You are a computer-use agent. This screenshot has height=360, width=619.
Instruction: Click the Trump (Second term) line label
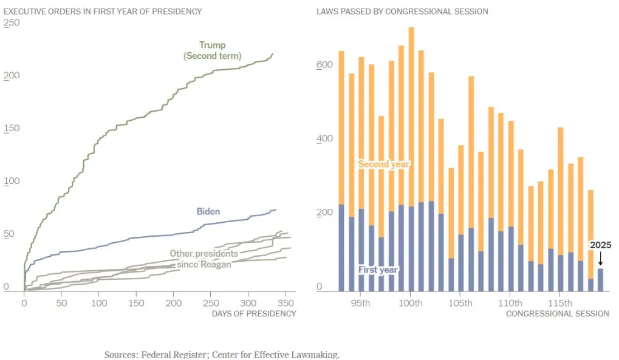coord(213,50)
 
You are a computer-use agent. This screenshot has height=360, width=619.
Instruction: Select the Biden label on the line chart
coord(208,212)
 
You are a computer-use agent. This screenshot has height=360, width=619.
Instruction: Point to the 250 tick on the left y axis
coord(12,22)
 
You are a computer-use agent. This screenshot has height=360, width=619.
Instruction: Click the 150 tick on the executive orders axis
coord(12,128)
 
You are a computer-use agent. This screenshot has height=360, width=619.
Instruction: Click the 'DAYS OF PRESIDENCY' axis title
coord(254,313)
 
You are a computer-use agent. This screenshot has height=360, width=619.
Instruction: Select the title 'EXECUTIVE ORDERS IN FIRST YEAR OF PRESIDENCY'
coord(103,12)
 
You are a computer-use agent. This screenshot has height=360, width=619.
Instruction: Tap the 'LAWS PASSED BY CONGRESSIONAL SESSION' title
coord(402,12)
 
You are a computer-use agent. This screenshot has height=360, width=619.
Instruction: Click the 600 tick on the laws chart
coord(324,65)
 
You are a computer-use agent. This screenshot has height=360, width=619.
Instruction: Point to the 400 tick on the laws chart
coord(324,138)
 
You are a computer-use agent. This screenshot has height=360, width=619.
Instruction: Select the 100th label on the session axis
coord(411,303)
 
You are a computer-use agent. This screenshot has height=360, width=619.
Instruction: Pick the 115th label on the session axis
coord(560,303)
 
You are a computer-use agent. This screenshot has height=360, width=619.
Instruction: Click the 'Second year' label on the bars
coord(384,165)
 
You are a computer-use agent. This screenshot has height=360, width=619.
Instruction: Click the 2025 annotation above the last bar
coord(600,245)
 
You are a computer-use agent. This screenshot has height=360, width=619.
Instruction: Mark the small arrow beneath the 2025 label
coord(600,259)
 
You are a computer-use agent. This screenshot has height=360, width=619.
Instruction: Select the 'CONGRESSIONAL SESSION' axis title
coord(557,313)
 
